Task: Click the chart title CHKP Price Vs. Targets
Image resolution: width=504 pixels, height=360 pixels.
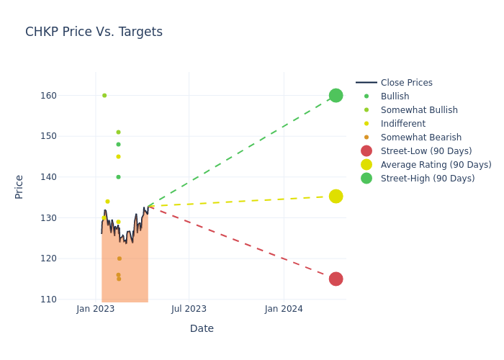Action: (94, 32)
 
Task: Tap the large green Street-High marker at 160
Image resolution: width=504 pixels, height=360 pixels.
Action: (336, 95)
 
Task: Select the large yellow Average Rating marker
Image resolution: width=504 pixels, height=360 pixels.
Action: (336, 196)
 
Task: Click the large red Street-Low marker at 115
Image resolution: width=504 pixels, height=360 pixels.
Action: (336, 279)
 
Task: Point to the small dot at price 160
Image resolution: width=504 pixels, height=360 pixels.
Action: (104, 95)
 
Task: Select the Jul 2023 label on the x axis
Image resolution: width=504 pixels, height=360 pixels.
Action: (189, 309)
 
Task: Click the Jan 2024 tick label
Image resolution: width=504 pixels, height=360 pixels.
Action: (284, 309)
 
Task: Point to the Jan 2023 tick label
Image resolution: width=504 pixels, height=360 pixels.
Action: (96, 309)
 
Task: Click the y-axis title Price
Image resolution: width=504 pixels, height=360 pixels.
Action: (19, 186)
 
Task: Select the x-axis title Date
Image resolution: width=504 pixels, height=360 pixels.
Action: (202, 329)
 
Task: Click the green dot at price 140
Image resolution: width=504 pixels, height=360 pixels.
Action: (118, 177)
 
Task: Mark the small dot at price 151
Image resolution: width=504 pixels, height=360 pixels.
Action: (118, 132)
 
